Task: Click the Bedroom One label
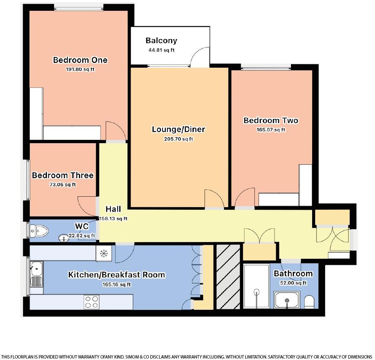tap(80, 60)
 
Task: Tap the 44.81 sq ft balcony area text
tap(161, 50)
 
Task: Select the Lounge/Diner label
tap(179, 129)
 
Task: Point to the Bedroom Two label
tap(270, 120)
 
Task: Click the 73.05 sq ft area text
tap(62, 184)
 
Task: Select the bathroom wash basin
tap(286, 300)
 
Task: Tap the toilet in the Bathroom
tap(309, 302)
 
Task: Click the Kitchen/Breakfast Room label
tap(116, 275)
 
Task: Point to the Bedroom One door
tap(116, 131)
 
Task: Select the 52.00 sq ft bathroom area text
tap(293, 283)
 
